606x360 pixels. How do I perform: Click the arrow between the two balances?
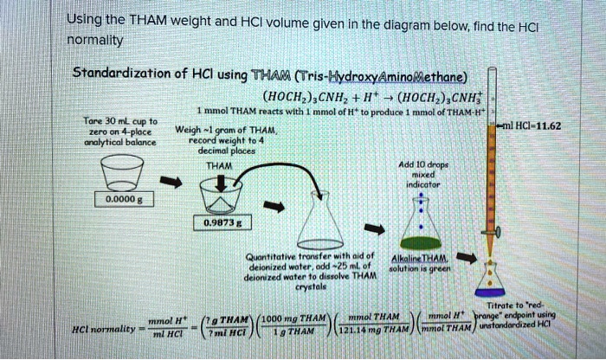click(x=174, y=183)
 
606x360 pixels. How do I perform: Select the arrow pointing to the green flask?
click(x=376, y=229)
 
